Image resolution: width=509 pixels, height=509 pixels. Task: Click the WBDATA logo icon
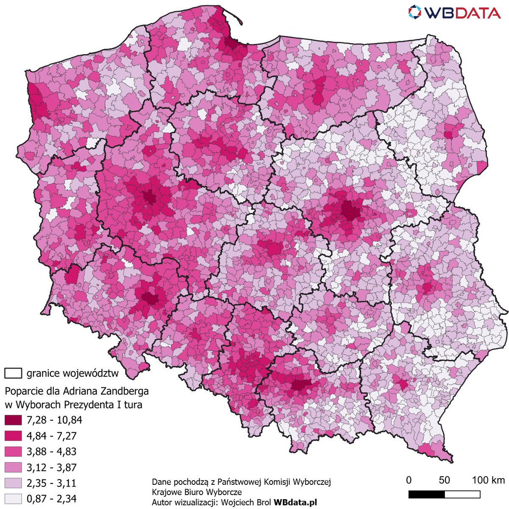pyautogui.click(x=417, y=12)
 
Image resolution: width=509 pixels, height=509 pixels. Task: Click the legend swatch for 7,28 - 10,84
pyautogui.click(x=13, y=420)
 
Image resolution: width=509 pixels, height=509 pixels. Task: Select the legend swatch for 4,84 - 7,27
pyautogui.click(x=13, y=436)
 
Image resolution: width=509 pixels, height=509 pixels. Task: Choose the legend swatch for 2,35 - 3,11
pyautogui.click(x=13, y=483)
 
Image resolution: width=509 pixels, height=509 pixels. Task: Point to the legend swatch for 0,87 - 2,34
pyautogui.click(x=13, y=499)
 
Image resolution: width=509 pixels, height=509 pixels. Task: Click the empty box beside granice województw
pyautogui.click(x=13, y=373)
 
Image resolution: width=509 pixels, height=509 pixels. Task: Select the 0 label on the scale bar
pyautogui.click(x=409, y=480)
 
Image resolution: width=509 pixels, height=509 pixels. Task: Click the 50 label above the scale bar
pyautogui.click(x=444, y=480)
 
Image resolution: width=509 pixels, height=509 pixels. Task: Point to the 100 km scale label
pyautogui.click(x=488, y=480)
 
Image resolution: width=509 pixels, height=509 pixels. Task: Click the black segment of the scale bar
pyautogui.click(x=426, y=495)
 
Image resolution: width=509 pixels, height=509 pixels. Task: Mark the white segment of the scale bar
pyautogui.click(x=462, y=495)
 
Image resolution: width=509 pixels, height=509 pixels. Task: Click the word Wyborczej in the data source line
pyautogui.click(x=314, y=482)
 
